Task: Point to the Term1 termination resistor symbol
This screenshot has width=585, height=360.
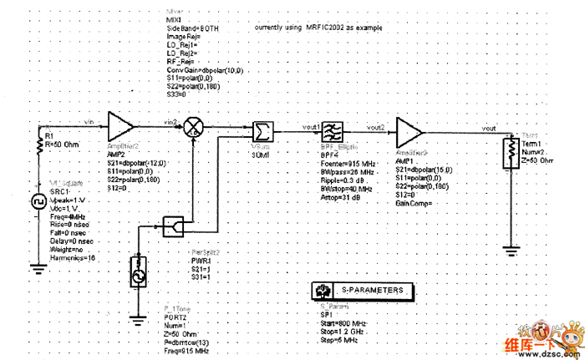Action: pos(509,153)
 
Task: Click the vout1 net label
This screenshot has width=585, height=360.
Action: pos(313,125)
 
